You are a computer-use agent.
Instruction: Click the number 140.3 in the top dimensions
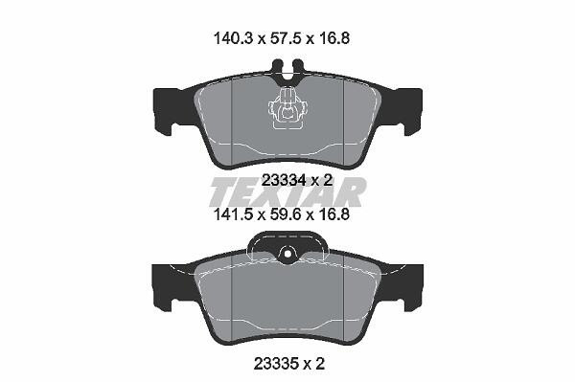233,38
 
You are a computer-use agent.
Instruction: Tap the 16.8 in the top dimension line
333,38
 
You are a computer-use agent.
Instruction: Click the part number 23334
285,180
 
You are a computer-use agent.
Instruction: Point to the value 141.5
233,214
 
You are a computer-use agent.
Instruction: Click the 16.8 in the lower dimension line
333,214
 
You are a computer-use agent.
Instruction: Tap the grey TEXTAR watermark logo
287,193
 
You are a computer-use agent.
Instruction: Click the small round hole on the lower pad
287,254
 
